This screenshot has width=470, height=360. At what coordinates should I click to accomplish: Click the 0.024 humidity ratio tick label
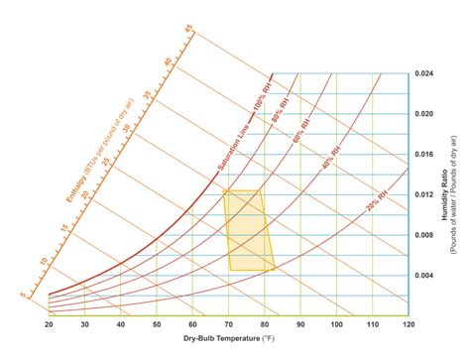pos(424,73)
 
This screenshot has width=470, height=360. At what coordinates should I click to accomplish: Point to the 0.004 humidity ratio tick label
pos(424,275)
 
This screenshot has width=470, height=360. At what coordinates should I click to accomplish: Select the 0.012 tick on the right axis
pos(424,194)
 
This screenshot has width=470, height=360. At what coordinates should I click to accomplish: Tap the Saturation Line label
pos(234,147)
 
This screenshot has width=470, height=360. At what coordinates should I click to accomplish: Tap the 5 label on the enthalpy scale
pos(23,293)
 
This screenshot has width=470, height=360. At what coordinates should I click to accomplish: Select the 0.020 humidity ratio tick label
pos(424,114)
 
